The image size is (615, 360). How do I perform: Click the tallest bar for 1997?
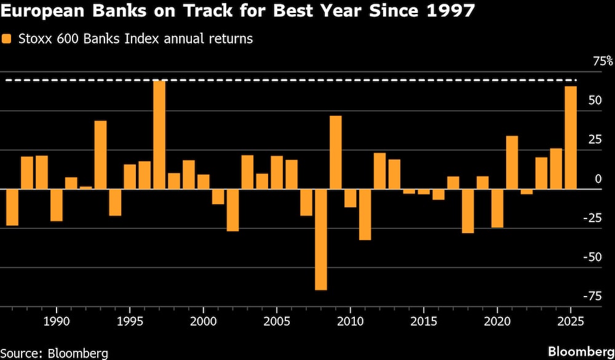(159, 135)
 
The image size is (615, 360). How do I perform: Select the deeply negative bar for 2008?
(320, 239)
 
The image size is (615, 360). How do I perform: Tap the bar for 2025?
(571, 138)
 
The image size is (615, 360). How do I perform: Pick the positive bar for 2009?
(335, 153)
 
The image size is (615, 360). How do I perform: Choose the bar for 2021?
(512, 162)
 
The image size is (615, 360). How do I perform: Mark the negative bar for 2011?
(365, 214)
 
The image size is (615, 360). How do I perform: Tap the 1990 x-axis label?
(57, 321)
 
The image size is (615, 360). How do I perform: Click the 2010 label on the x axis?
(350, 321)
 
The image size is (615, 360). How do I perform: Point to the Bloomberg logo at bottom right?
(580, 351)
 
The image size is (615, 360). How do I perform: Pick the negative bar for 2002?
(232, 210)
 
